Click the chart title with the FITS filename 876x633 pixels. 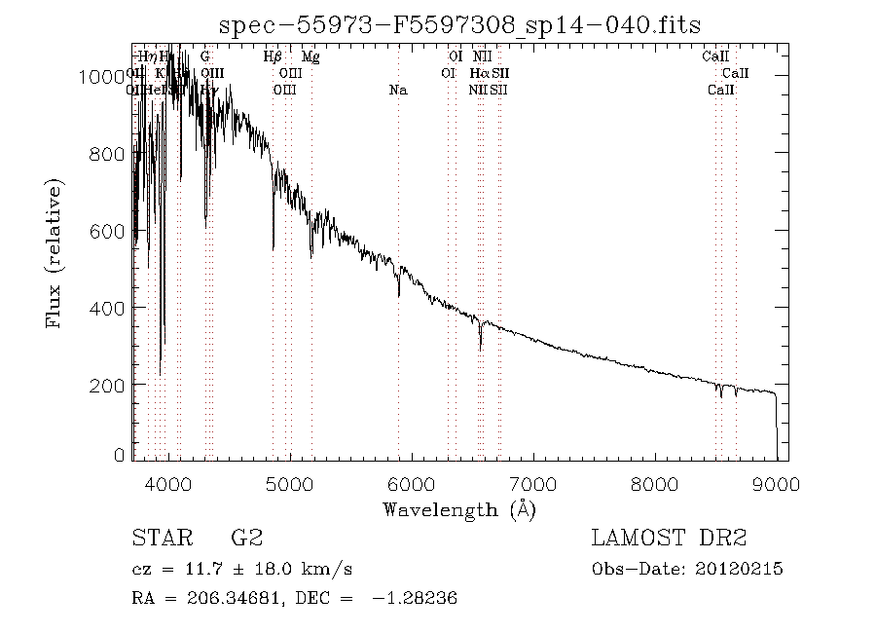click(x=459, y=24)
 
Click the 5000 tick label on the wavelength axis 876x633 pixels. click(x=290, y=483)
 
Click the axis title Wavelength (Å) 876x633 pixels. click(x=459, y=508)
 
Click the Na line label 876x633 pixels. click(x=398, y=91)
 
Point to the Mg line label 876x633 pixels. click(x=310, y=57)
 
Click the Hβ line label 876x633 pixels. click(x=274, y=57)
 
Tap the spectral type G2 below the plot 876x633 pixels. click(x=246, y=539)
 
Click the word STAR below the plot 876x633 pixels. click(x=159, y=539)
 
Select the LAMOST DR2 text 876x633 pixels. click(x=669, y=539)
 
